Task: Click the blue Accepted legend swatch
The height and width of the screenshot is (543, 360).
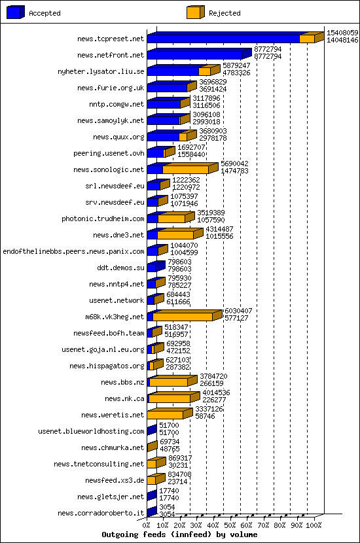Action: point(15,12)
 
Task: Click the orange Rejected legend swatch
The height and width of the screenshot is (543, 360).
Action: point(194,12)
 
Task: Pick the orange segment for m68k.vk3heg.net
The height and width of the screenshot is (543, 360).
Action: point(183,317)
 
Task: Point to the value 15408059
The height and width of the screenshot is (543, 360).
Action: point(342,32)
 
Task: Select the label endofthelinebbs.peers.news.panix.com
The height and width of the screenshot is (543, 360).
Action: point(73,251)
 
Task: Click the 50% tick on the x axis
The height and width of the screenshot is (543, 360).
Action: point(230,525)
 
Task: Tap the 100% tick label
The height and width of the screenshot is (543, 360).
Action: point(314,525)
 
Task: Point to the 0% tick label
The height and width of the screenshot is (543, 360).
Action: point(147,525)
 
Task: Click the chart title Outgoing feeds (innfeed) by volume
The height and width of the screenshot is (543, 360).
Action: point(180,534)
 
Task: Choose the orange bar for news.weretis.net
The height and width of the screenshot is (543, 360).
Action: point(165,415)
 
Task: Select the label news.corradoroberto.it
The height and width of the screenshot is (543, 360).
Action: point(101,513)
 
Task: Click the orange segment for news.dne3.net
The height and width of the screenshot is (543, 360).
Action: point(175,235)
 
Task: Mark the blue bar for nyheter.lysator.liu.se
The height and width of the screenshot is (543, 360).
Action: point(173,71)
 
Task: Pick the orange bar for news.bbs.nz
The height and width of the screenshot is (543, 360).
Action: point(169,382)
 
